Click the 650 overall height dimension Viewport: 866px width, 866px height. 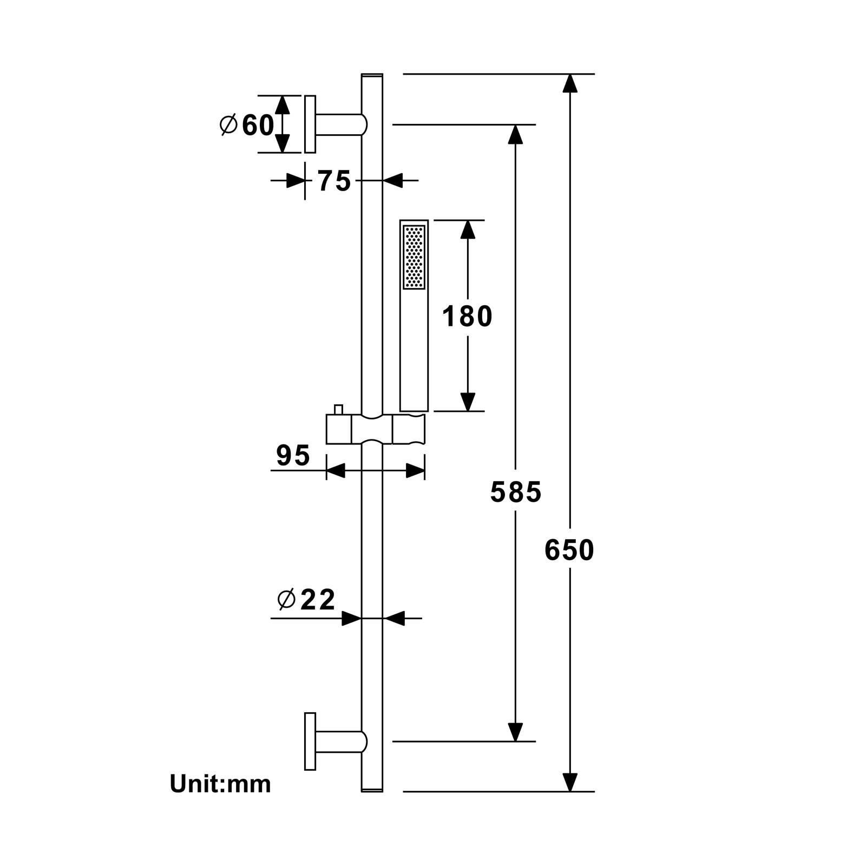pyautogui.click(x=569, y=550)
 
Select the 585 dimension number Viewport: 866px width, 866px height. pyautogui.click(x=515, y=492)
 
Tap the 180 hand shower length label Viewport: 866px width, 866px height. pyautogui.click(x=467, y=316)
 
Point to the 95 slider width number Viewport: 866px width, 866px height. pyautogui.click(x=293, y=455)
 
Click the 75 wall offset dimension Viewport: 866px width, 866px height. pyautogui.click(x=334, y=181)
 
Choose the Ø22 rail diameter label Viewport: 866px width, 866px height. pyautogui.click(x=307, y=599)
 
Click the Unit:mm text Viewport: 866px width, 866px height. pyautogui.click(x=220, y=784)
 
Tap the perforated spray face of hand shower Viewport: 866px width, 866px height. pyautogui.click(x=414, y=257)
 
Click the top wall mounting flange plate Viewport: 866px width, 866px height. pyautogui.click(x=310, y=124)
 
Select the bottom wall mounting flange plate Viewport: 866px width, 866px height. pyautogui.click(x=310, y=741)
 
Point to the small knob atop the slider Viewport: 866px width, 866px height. pyautogui.click(x=339, y=410)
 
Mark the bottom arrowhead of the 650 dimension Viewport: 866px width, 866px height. pyautogui.click(x=569, y=782)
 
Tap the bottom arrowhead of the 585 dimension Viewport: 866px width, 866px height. pyautogui.click(x=515, y=732)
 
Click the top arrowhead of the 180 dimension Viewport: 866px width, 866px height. pyautogui.click(x=468, y=229)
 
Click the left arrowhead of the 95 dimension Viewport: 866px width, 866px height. pyautogui.click(x=336, y=470)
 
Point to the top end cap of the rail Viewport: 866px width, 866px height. pyautogui.click(x=372, y=76)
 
